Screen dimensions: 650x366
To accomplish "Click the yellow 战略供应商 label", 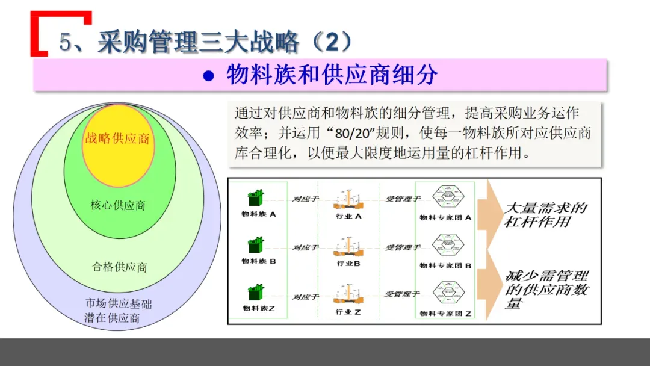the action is coord(117,138).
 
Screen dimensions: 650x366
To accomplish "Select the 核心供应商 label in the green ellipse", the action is coord(118,205).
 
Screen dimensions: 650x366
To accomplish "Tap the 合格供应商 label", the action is coord(120,267).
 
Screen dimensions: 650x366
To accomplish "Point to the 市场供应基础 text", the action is coord(119,304).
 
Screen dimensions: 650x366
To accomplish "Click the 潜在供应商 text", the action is coord(113,318).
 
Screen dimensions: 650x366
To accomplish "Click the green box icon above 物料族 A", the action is coord(256,197).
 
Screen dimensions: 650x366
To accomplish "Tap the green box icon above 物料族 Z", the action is coord(256,293).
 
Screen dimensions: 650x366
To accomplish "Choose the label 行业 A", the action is coord(348,216).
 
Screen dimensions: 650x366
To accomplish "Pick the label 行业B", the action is coord(348,264).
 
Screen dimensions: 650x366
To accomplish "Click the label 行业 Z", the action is coord(348,312).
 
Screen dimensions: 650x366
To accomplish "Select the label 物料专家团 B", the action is coord(445,265).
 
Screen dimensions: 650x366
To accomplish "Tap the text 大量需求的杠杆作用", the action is coord(545,215).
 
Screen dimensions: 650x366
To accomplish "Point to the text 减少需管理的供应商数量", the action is coord(546,290).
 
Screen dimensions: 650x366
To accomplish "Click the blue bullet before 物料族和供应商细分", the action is coord(208,76).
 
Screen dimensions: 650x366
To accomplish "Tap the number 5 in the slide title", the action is coord(66,42).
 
